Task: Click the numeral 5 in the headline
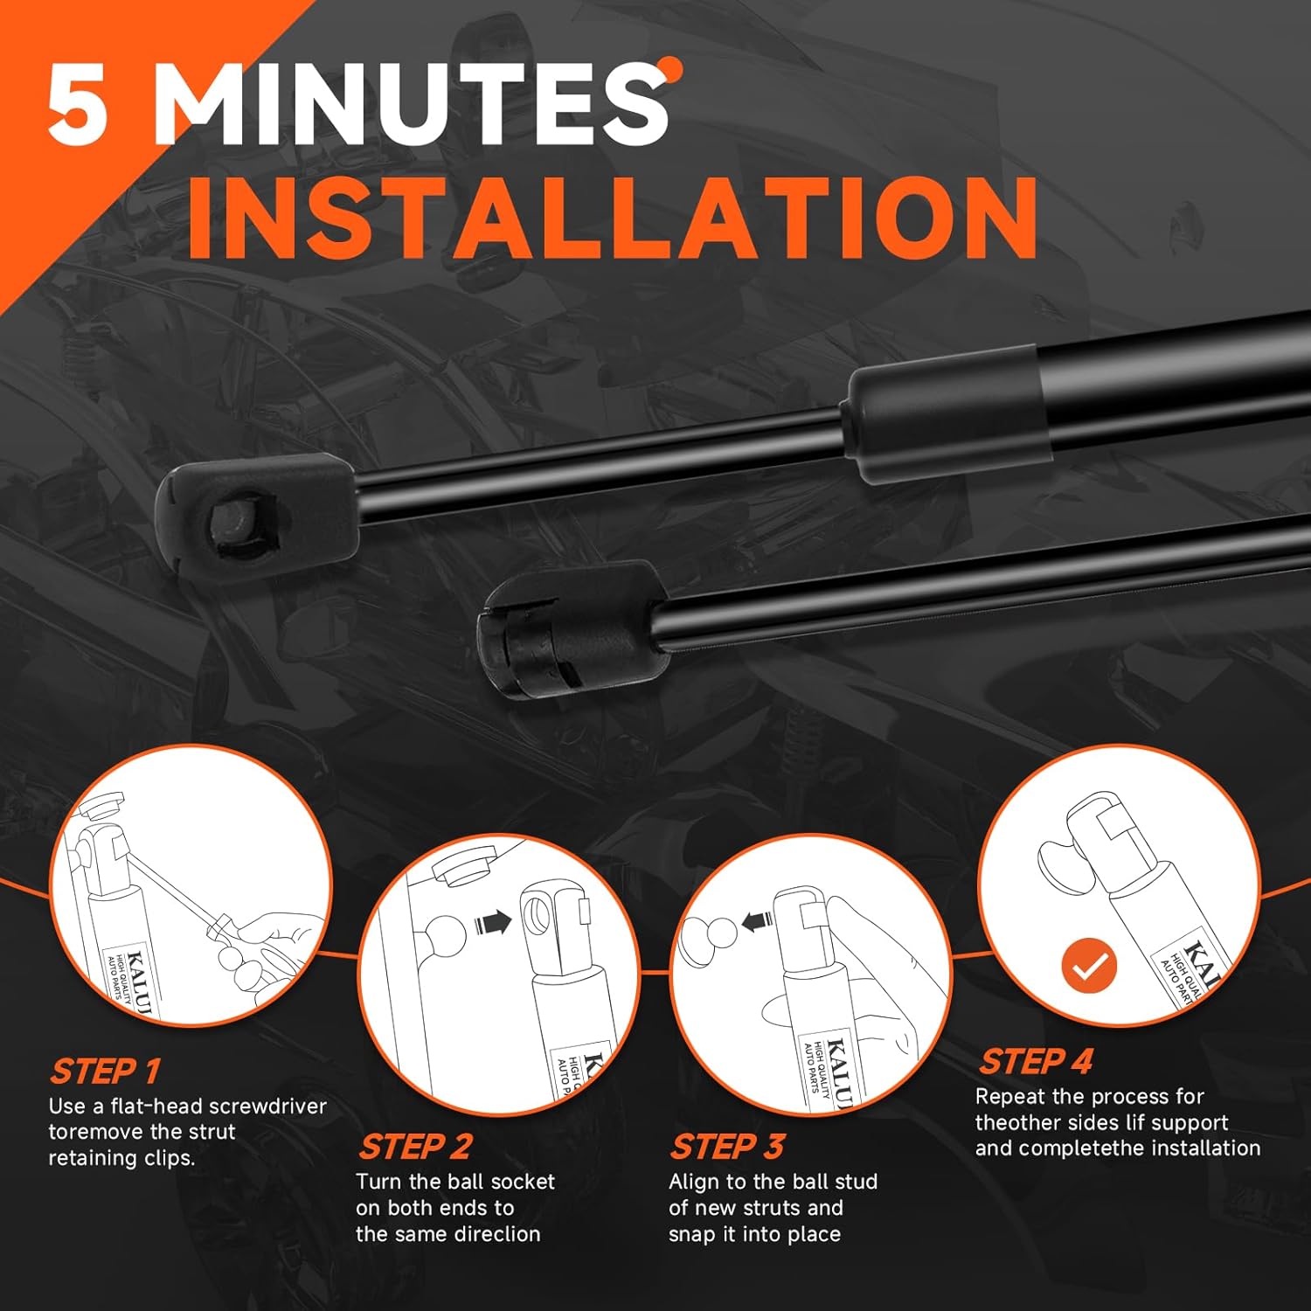click(80, 104)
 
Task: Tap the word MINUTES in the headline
click(410, 104)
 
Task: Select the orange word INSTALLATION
click(613, 218)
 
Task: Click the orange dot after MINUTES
click(671, 68)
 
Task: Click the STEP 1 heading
click(105, 1071)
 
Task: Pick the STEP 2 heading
click(415, 1146)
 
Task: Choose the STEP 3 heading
click(727, 1146)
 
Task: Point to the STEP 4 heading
click(1036, 1061)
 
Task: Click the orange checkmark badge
click(1089, 967)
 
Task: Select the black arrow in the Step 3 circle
click(757, 920)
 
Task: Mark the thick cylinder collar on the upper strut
click(942, 413)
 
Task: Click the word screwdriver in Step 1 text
click(269, 1106)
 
